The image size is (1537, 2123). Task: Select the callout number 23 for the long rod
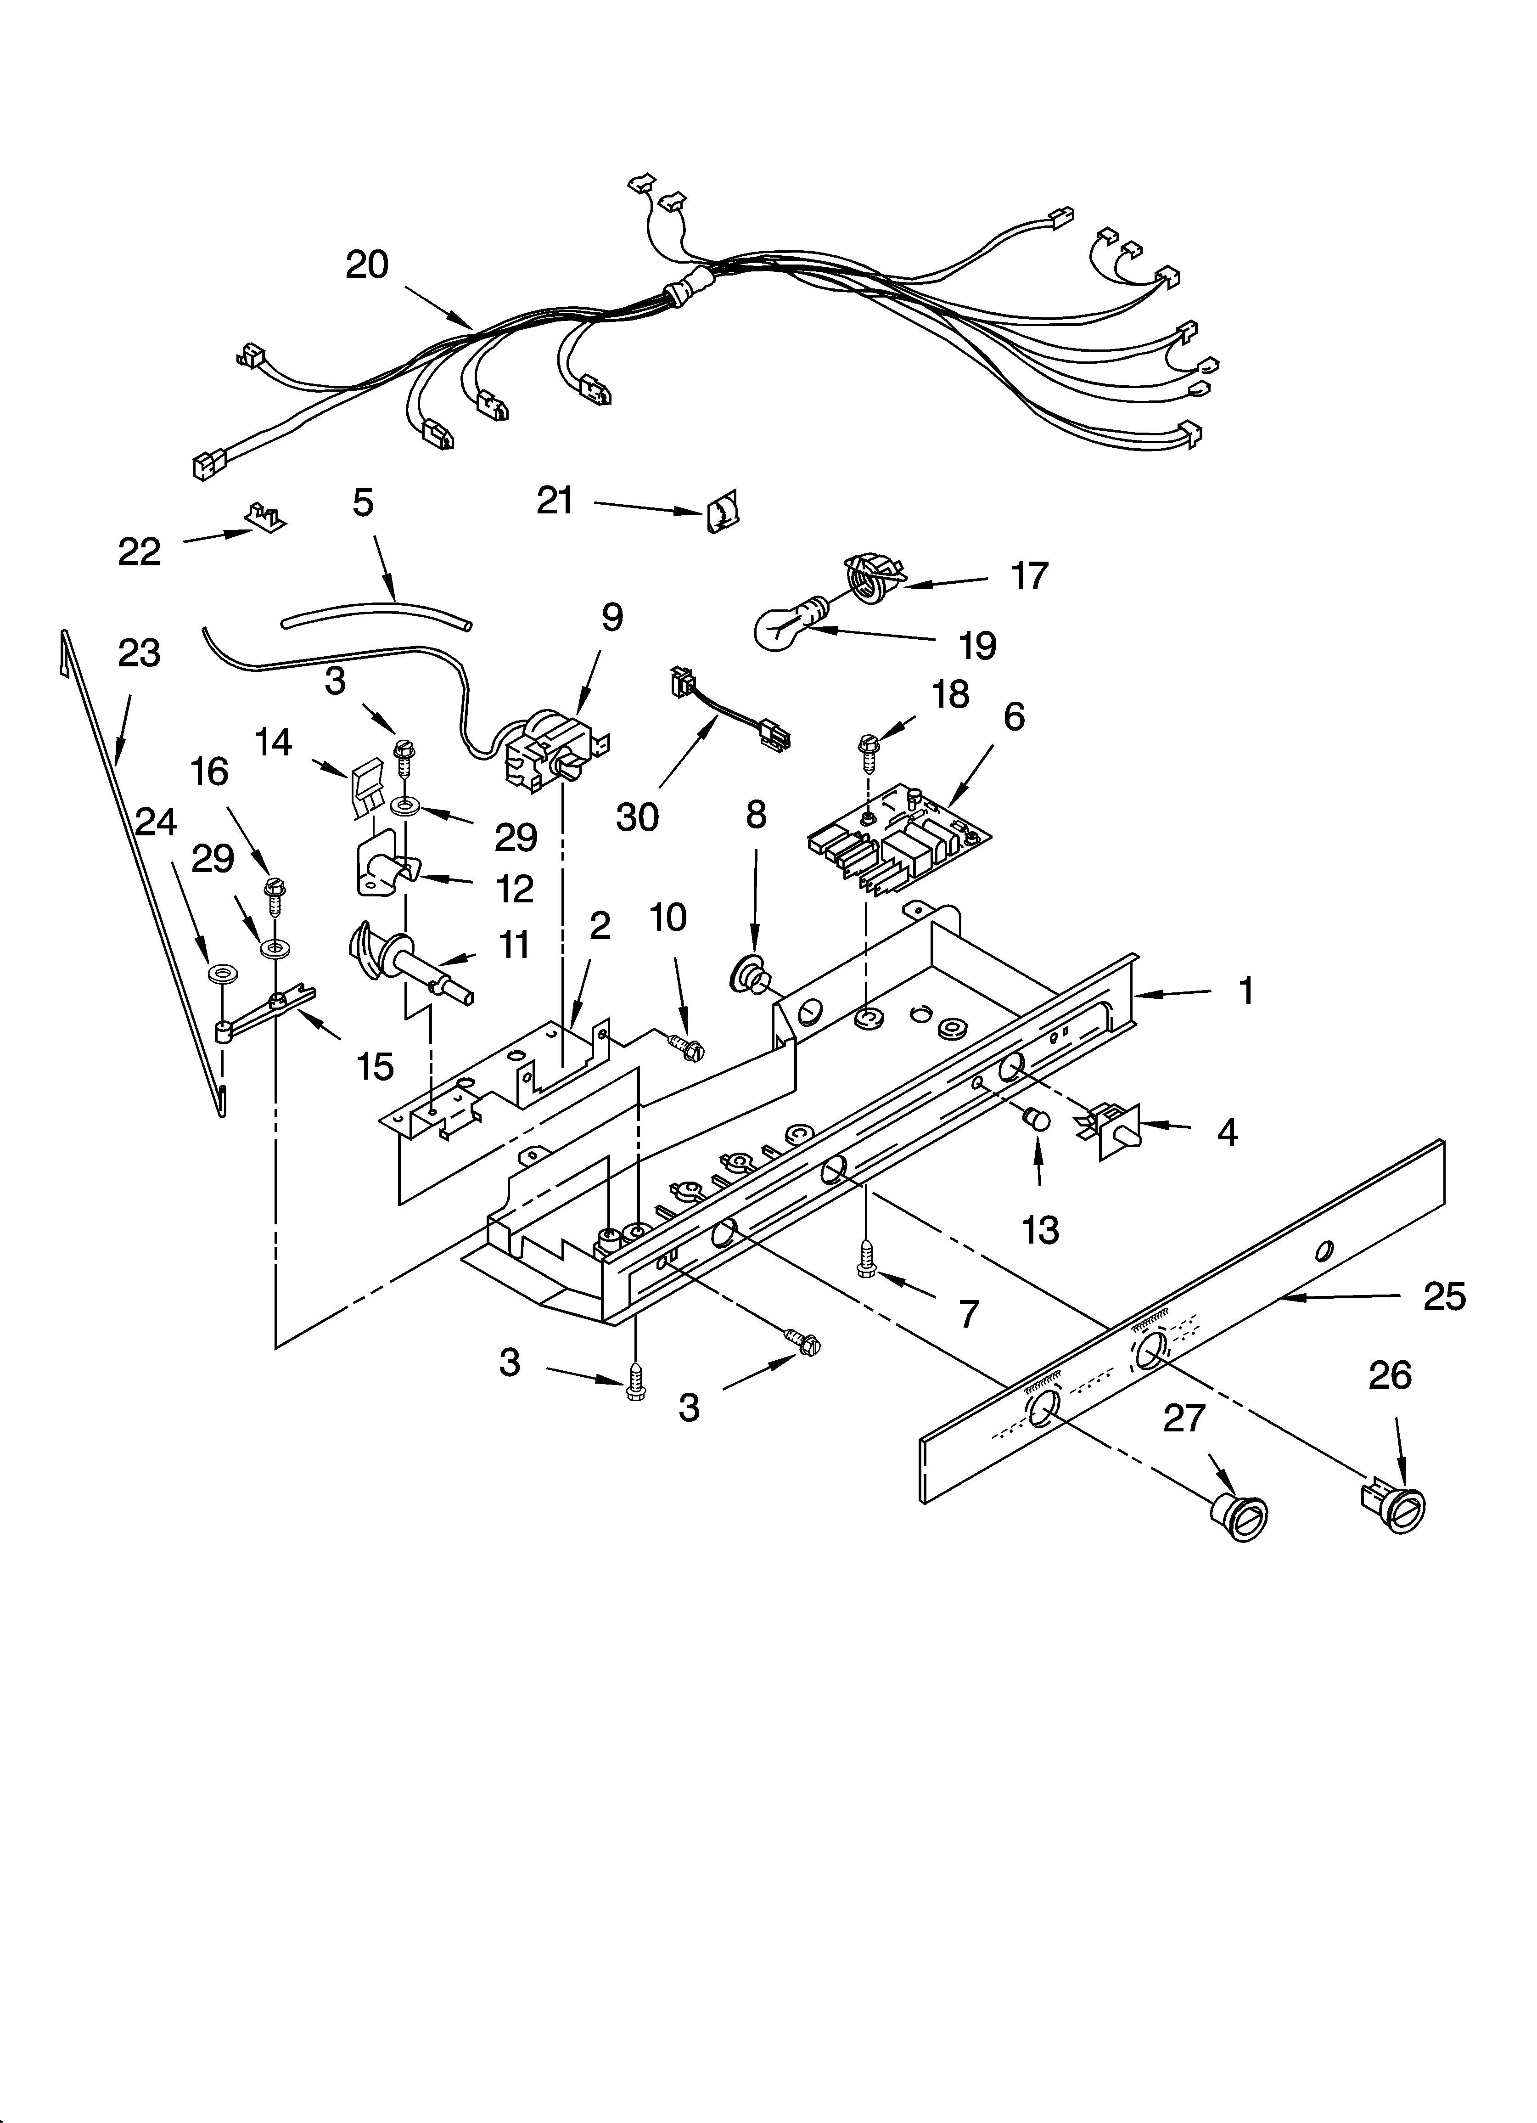click(x=139, y=653)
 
